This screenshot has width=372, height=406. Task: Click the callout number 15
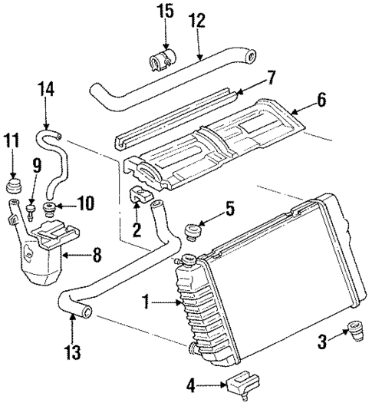click(166, 12)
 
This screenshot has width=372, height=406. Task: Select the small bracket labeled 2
click(139, 196)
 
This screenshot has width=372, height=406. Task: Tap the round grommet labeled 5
click(194, 230)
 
